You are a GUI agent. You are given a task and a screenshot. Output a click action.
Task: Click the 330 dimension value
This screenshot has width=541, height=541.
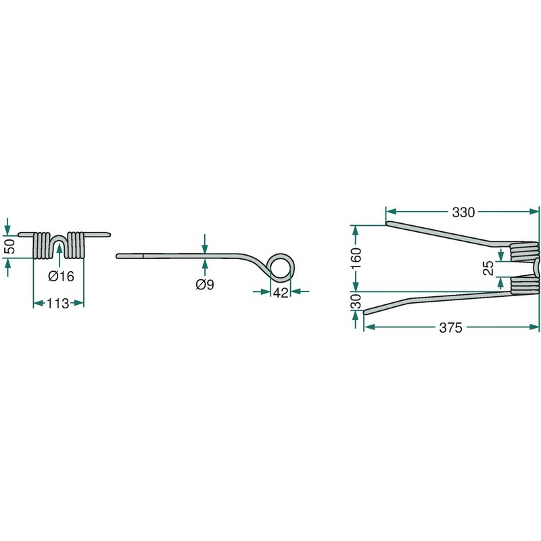pyautogui.click(x=463, y=212)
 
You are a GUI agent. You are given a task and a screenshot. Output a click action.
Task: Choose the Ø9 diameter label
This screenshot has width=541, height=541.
pyautogui.click(x=204, y=285)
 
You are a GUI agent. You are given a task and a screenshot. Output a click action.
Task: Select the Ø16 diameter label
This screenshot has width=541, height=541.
pyautogui.click(x=61, y=276)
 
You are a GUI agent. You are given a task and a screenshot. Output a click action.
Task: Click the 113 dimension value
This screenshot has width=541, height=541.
pyautogui.click(x=58, y=304)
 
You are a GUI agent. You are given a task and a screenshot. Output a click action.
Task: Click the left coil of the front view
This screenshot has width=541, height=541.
pyautogui.click(x=43, y=245)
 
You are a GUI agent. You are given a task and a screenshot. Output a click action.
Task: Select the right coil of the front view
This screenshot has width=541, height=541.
pyautogui.click(x=76, y=245)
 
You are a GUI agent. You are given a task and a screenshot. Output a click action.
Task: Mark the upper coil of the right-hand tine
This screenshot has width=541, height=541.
pyautogui.click(x=524, y=252)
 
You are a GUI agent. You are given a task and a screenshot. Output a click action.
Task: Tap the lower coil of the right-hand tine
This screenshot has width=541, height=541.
pyautogui.click(x=524, y=284)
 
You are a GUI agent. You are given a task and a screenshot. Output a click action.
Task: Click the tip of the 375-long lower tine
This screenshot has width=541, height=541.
pyautogui.click(x=367, y=312)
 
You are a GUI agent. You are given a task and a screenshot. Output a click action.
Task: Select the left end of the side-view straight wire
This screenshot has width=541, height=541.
pyautogui.click(x=119, y=256)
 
